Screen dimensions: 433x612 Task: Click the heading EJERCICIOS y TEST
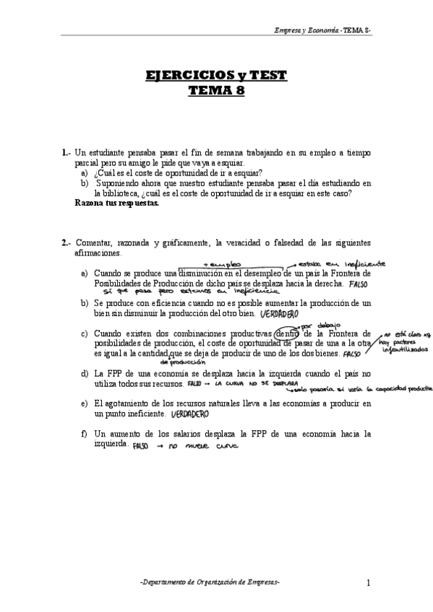coord(216,76)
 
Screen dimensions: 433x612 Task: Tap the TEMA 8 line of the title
coord(216,91)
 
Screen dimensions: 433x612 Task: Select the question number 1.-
coord(67,152)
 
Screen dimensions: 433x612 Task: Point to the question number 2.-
coord(67,242)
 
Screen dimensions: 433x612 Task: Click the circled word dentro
coord(287,333)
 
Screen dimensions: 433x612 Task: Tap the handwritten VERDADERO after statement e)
coord(189,415)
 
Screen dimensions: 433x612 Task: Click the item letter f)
coord(85,434)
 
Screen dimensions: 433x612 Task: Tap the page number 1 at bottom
coord(368,582)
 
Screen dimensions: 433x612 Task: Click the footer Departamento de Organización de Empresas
coord(210,582)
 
